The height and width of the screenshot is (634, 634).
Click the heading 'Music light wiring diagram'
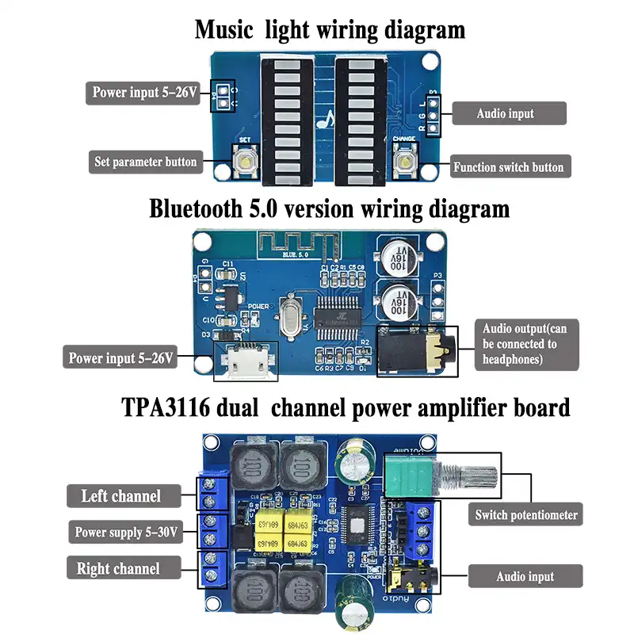[330, 30]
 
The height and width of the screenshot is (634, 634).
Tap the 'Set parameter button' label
[145, 162]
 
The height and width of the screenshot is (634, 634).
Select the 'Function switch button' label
[508, 167]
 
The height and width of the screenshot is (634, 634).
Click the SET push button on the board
[245, 163]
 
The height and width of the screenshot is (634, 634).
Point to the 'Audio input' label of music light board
[505, 113]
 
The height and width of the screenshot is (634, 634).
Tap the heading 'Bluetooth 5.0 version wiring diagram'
[329, 209]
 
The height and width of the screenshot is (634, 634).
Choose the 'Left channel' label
[120, 497]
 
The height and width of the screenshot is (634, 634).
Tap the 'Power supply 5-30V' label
[124, 532]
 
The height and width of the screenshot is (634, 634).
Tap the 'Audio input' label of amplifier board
[525, 576]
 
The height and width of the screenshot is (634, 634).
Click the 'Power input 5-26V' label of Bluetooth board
[120, 357]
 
